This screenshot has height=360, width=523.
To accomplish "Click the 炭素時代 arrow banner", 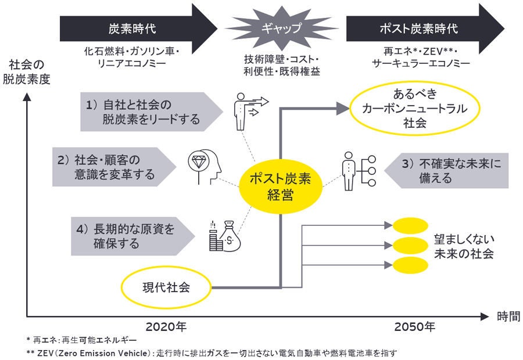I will point(134,28).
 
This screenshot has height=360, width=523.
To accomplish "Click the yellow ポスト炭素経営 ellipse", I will point(280,187).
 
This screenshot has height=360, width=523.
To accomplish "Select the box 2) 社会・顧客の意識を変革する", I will point(113,167).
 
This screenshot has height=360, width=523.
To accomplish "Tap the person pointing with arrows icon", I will point(247,110).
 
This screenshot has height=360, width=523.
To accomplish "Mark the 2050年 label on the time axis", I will point(414,327).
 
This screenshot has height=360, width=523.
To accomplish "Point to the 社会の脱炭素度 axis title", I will point(29,71).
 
